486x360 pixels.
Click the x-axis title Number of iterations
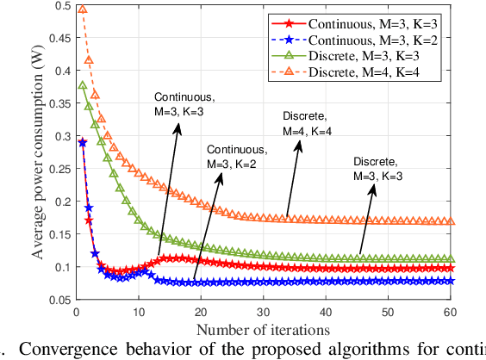point(262,329)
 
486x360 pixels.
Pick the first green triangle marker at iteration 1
point(83,85)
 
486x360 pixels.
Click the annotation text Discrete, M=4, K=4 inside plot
point(308,122)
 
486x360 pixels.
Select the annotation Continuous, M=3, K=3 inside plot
point(178,104)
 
